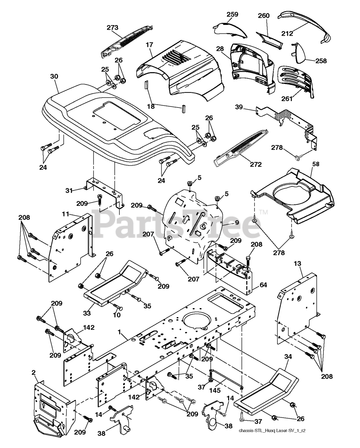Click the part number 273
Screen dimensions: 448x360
tap(113, 27)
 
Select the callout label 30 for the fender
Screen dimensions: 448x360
tap(54, 76)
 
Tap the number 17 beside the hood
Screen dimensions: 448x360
tap(149, 45)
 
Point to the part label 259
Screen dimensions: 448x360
tap(232, 14)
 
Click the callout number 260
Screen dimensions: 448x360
tap(264, 15)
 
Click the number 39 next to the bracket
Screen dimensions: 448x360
tap(248, 108)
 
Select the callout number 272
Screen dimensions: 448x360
tap(255, 164)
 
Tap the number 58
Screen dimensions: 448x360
tap(316, 163)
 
